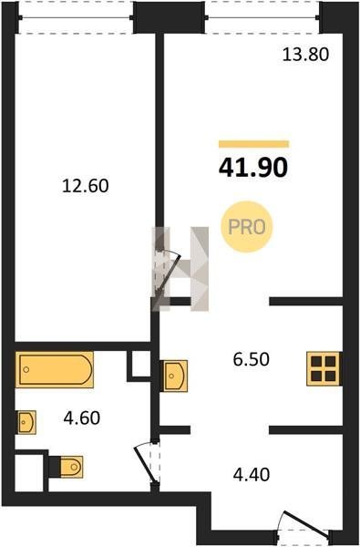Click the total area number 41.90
click(x=253, y=168)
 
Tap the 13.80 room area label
click(x=305, y=55)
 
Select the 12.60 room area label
click(x=86, y=186)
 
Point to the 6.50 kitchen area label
click(x=252, y=359)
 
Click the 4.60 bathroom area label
click(x=82, y=418)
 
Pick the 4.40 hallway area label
click(x=252, y=474)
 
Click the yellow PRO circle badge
click(x=247, y=227)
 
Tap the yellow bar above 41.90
click(x=254, y=144)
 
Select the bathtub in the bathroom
click(x=54, y=370)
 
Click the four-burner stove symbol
click(x=324, y=369)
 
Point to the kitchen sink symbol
click(x=174, y=376)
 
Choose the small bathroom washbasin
click(x=26, y=422)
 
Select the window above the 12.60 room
click(x=76, y=17)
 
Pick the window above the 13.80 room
click(x=262, y=17)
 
